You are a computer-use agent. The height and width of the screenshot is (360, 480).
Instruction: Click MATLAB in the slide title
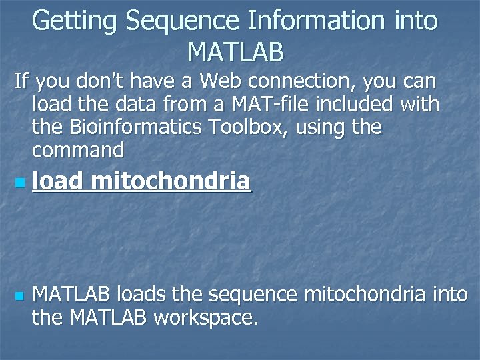(x=235, y=51)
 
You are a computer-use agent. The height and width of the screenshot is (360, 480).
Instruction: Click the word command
(x=78, y=151)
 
